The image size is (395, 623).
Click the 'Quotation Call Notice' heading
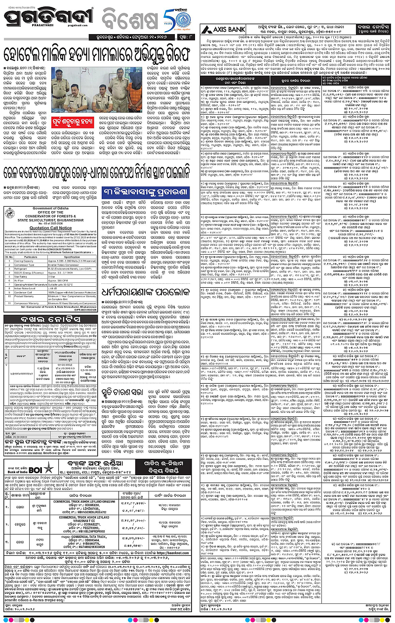point(52,222)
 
